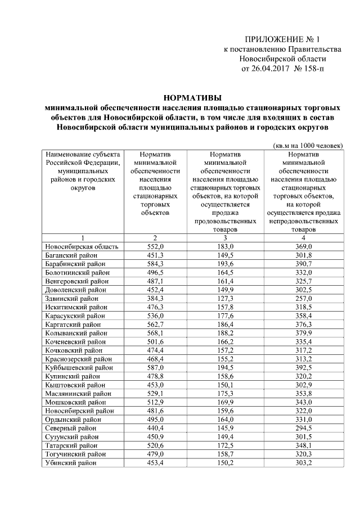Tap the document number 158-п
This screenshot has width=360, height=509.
pyautogui.click(x=313, y=69)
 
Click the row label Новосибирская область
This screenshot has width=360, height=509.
pyautogui.click(x=82, y=247)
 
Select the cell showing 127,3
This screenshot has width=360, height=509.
pyautogui.click(x=225, y=299)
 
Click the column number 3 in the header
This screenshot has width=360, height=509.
pyautogui.click(x=225, y=238)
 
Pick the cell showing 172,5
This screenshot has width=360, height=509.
pyautogui.click(x=225, y=445)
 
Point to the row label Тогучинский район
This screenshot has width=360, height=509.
pyautogui.click(x=75, y=454)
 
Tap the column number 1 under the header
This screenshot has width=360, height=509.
pyautogui.click(x=82, y=238)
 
